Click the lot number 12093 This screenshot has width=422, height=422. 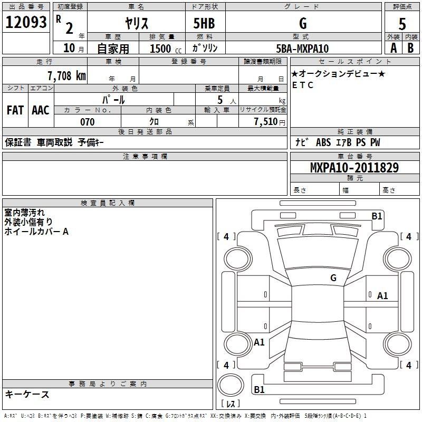click(x=26, y=22)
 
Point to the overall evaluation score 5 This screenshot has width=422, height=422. click(x=402, y=23)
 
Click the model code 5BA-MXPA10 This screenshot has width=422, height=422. click(x=302, y=49)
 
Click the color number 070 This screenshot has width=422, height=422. click(x=87, y=122)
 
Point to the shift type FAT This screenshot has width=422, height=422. click(x=15, y=110)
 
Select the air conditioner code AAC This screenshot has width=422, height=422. click(x=40, y=110)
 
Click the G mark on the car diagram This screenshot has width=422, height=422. click(x=333, y=277)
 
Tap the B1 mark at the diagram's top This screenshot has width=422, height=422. click(x=377, y=216)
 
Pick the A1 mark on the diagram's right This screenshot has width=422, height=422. click(x=382, y=296)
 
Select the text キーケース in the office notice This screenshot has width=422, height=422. click(x=27, y=394)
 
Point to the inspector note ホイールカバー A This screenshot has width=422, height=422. click(x=36, y=232)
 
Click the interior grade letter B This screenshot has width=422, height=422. click(x=410, y=49)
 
